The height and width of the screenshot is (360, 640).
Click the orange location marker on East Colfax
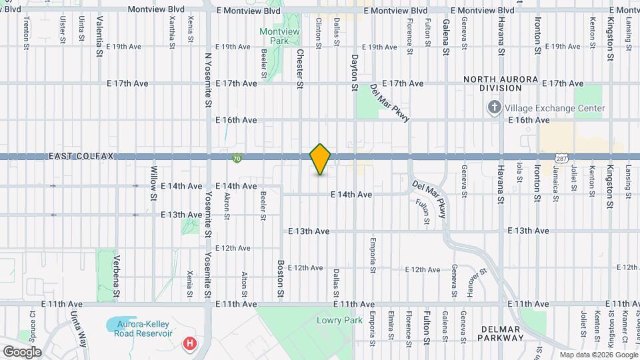point(320,159)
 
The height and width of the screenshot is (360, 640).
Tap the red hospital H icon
point(190,343)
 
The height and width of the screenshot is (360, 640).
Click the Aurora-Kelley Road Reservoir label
point(145,328)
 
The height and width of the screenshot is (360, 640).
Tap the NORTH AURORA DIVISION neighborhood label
point(501,83)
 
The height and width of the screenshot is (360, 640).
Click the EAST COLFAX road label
point(82,156)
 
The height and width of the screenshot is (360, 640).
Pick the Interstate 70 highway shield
point(237,159)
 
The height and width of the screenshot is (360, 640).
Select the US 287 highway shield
point(561,159)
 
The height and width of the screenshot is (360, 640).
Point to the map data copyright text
point(597,355)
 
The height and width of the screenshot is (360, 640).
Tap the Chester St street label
point(300,69)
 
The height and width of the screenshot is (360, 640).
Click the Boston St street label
point(281,279)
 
